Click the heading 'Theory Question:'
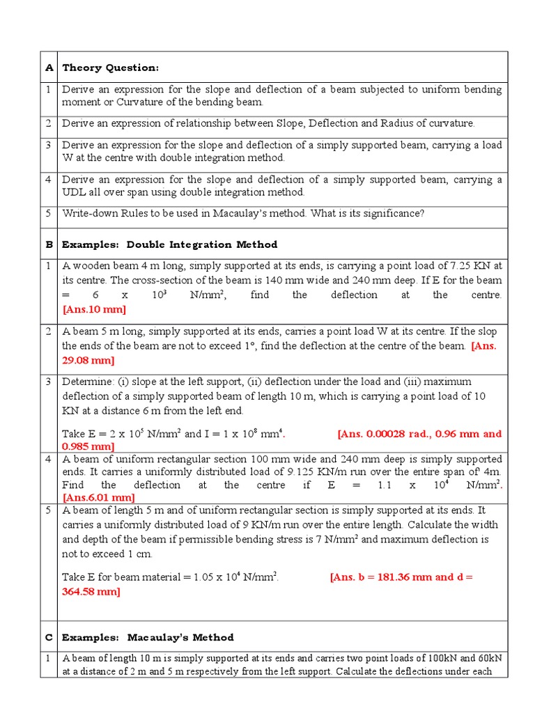point(110,68)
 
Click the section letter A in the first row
point(49,68)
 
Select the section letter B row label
point(49,244)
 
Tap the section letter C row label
point(49,637)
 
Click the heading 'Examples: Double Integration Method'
point(169,244)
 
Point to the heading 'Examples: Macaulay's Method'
point(148,637)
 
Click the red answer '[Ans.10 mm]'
point(94,309)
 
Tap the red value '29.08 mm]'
point(88,360)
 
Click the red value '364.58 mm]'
point(91,591)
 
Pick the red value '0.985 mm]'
point(88,446)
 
